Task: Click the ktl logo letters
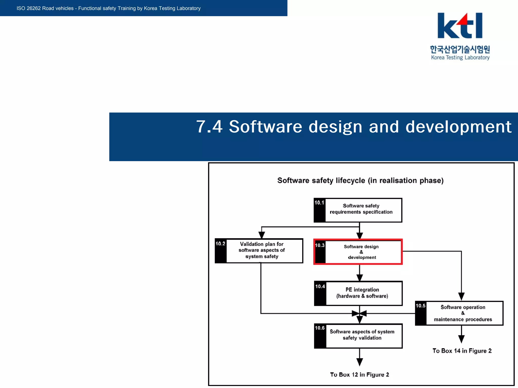[x=460, y=26]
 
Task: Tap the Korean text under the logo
[x=460, y=49]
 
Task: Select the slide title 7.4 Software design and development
[x=354, y=127]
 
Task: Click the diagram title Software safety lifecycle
[x=360, y=180]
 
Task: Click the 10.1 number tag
[x=319, y=203]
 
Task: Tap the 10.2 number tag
[x=220, y=244]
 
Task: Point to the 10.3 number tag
[x=320, y=245]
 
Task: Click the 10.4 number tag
[x=320, y=286]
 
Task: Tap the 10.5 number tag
[x=421, y=306]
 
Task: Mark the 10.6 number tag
[x=320, y=328]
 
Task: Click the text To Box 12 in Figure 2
[x=359, y=375]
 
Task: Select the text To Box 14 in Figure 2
[x=462, y=351]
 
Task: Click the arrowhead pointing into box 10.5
[x=461, y=297]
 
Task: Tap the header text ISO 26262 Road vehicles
[x=109, y=8]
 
